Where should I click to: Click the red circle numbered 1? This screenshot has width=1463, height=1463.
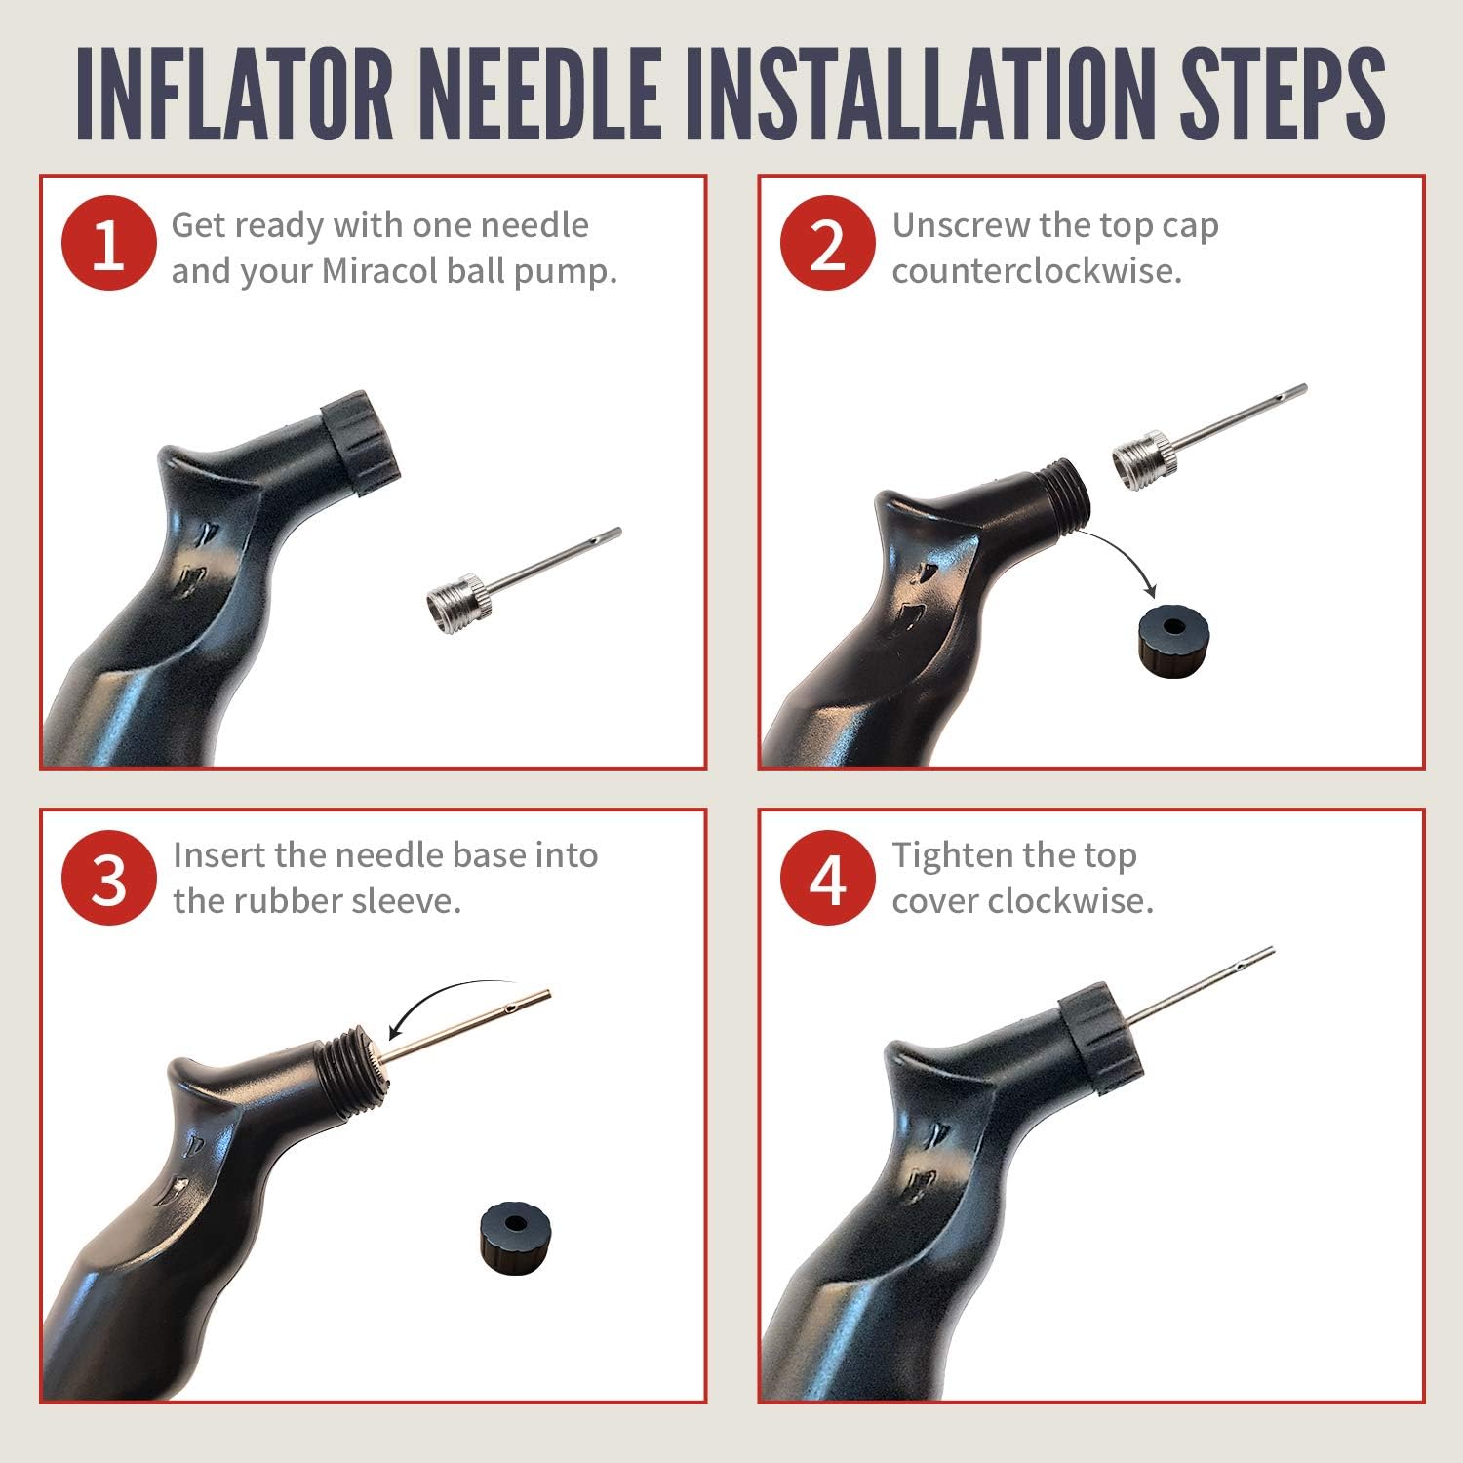[x=108, y=244]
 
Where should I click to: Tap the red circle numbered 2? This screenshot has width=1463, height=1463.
[x=827, y=244]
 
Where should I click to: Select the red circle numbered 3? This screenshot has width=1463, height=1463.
[x=108, y=878]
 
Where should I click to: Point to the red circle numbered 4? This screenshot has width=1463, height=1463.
[x=827, y=878]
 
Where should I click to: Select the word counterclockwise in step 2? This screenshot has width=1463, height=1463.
[x=1037, y=271]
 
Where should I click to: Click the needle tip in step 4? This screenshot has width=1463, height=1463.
[x=1272, y=950]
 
